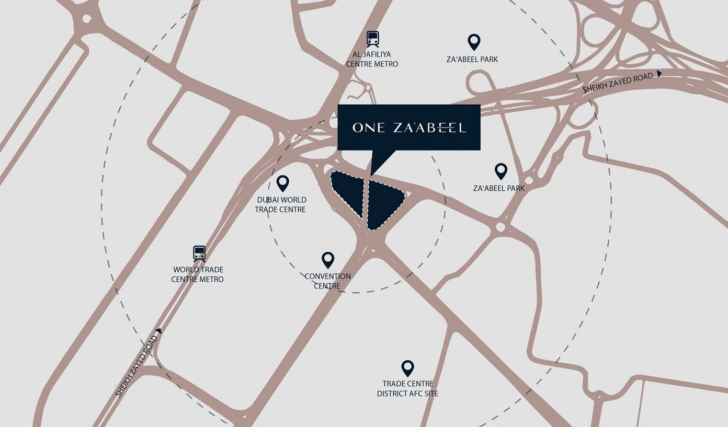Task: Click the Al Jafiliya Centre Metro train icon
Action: click(372, 39)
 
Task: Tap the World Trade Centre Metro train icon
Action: click(199, 253)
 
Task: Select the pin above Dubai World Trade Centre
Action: click(282, 183)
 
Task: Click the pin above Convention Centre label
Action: click(328, 259)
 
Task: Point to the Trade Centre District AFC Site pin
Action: click(407, 368)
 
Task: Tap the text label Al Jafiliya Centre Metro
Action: click(372, 59)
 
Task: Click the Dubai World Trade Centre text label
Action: click(281, 204)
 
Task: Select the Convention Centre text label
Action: click(327, 281)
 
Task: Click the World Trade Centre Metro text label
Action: click(198, 274)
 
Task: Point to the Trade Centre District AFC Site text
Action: click(407, 388)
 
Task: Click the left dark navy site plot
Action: click(348, 191)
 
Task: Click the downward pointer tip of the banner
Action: click(371, 175)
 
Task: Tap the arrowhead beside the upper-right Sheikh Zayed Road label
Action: click(659, 74)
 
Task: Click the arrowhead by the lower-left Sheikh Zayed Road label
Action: click(159, 331)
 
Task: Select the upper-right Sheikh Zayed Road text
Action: click(618, 83)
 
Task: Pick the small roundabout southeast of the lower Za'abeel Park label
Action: click(500, 227)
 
